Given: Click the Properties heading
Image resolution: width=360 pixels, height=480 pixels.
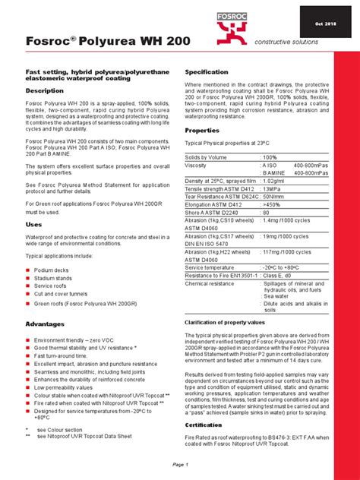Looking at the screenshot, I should [203, 131].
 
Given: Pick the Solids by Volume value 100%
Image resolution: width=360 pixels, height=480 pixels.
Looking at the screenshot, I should [271, 156].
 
